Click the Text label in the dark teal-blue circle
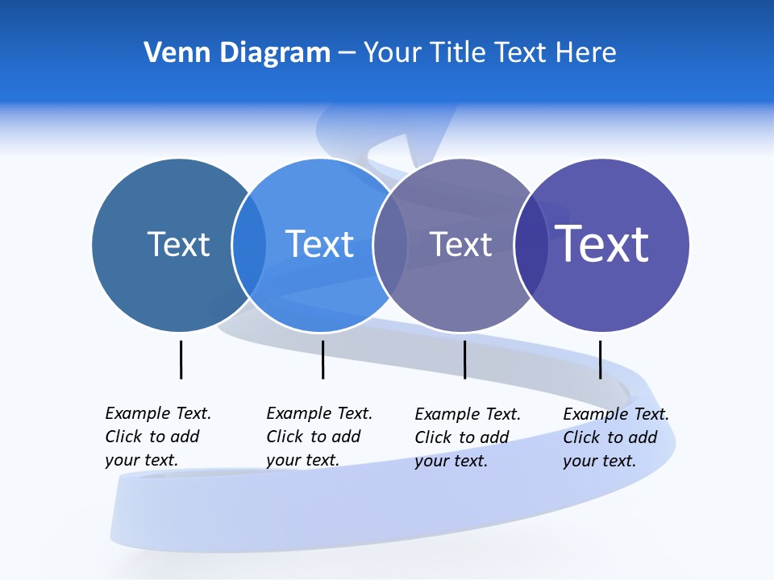[x=178, y=244]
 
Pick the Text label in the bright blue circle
[x=319, y=244]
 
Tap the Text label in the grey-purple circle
[x=460, y=244]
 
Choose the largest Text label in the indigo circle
[x=602, y=243]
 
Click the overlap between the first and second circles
[x=249, y=244]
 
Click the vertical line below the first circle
[x=181, y=359]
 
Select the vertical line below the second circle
[x=322, y=359]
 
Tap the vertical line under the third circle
[x=464, y=359]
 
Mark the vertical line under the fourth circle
[x=600, y=359]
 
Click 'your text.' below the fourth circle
[x=599, y=462]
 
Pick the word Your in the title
[x=393, y=52]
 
